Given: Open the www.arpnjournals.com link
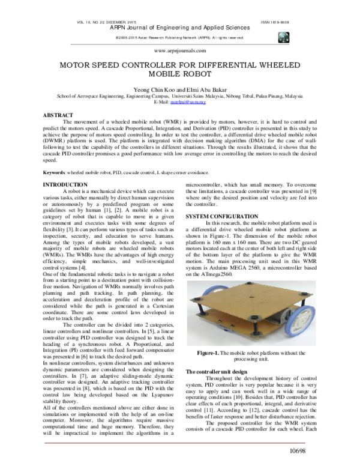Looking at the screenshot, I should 180,52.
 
